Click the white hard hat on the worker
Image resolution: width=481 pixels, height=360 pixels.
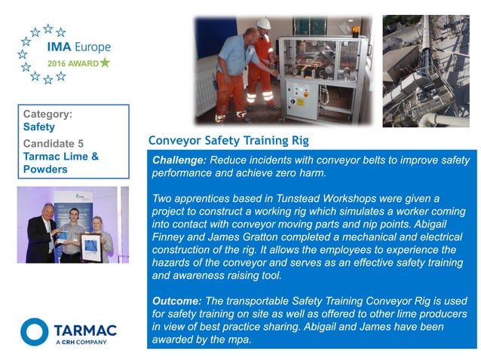point(263,24)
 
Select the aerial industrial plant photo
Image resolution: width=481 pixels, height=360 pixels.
point(429,70)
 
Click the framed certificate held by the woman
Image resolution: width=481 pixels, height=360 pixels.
point(90,245)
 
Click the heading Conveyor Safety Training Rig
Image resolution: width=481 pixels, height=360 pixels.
point(228,141)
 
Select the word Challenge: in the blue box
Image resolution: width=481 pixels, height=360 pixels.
point(179,160)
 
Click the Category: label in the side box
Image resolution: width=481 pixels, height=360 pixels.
point(48,114)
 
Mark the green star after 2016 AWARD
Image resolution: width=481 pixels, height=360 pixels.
point(105,63)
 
